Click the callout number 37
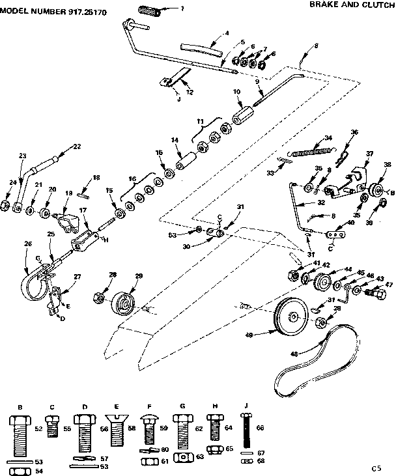coord(370,154)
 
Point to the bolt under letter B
coord(20,434)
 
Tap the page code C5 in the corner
coord(376,468)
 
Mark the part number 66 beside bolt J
coord(260,428)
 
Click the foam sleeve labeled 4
coord(200,49)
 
